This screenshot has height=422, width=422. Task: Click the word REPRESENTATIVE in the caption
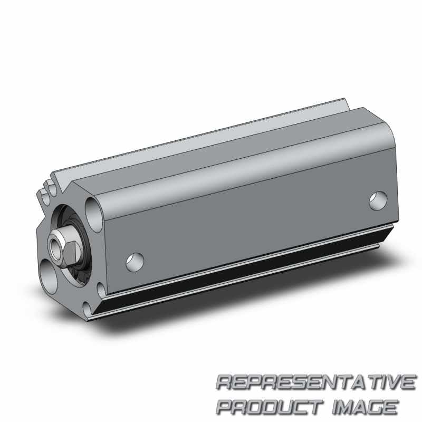coord(315,382)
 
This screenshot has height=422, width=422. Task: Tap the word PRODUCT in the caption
coord(270,406)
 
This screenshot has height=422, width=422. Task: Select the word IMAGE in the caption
coord(365,406)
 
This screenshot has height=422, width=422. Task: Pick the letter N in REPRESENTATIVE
coord(325,382)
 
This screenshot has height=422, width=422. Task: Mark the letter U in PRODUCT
coord(286,406)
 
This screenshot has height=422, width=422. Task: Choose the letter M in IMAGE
coord(348,406)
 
